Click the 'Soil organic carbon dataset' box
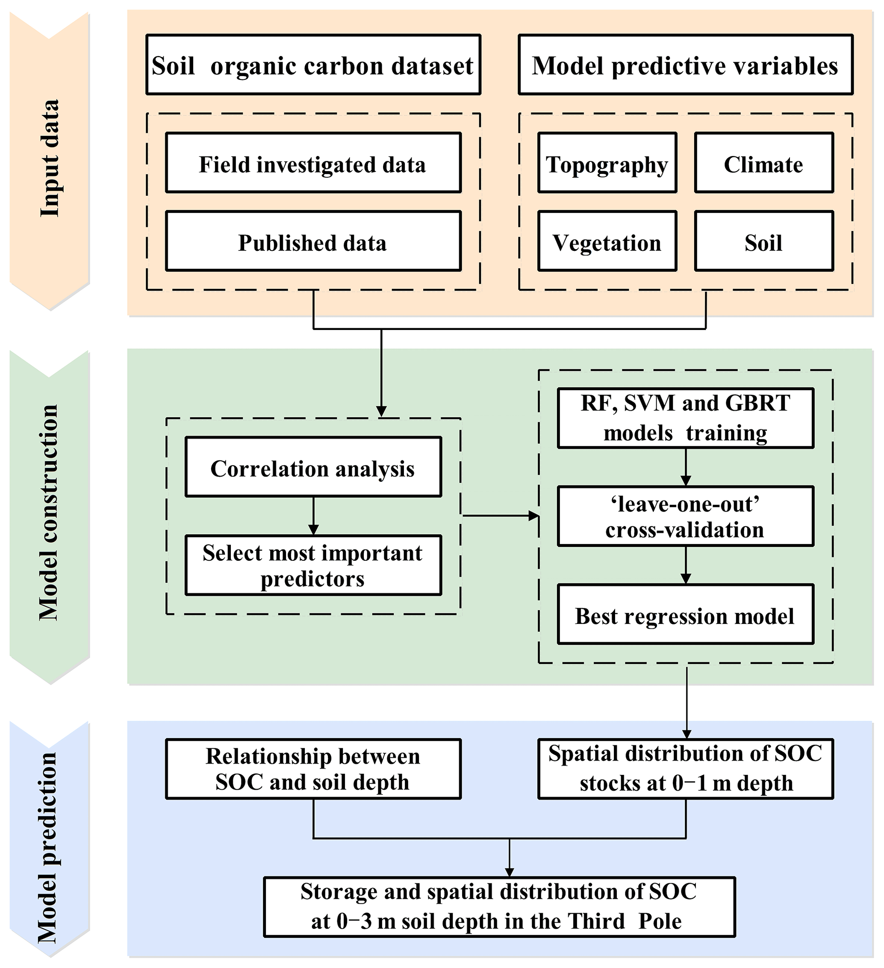pyautogui.click(x=313, y=65)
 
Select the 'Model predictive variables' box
pyautogui.click(x=685, y=65)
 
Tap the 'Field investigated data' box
pyautogui.click(x=313, y=163)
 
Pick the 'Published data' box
pyautogui.click(x=313, y=241)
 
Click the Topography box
pyautogui.click(x=607, y=163)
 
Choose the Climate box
pyautogui.click(x=763, y=163)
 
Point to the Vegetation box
pyautogui.click(x=607, y=241)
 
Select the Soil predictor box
pyautogui.click(x=763, y=241)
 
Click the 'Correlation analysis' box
pyautogui.click(x=313, y=467)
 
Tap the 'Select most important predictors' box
pyautogui.click(x=313, y=565)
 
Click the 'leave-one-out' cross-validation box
pyautogui.click(x=685, y=517)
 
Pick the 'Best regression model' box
pyautogui.click(x=685, y=615)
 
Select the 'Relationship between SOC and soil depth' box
pyautogui.click(x=313, y=769)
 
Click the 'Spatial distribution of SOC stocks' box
pyautogui.click(x=685, y=769)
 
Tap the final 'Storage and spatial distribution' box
pyautogui.click(x=499, y=907)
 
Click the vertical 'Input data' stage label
pyautogui.click(x=50, y=159)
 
